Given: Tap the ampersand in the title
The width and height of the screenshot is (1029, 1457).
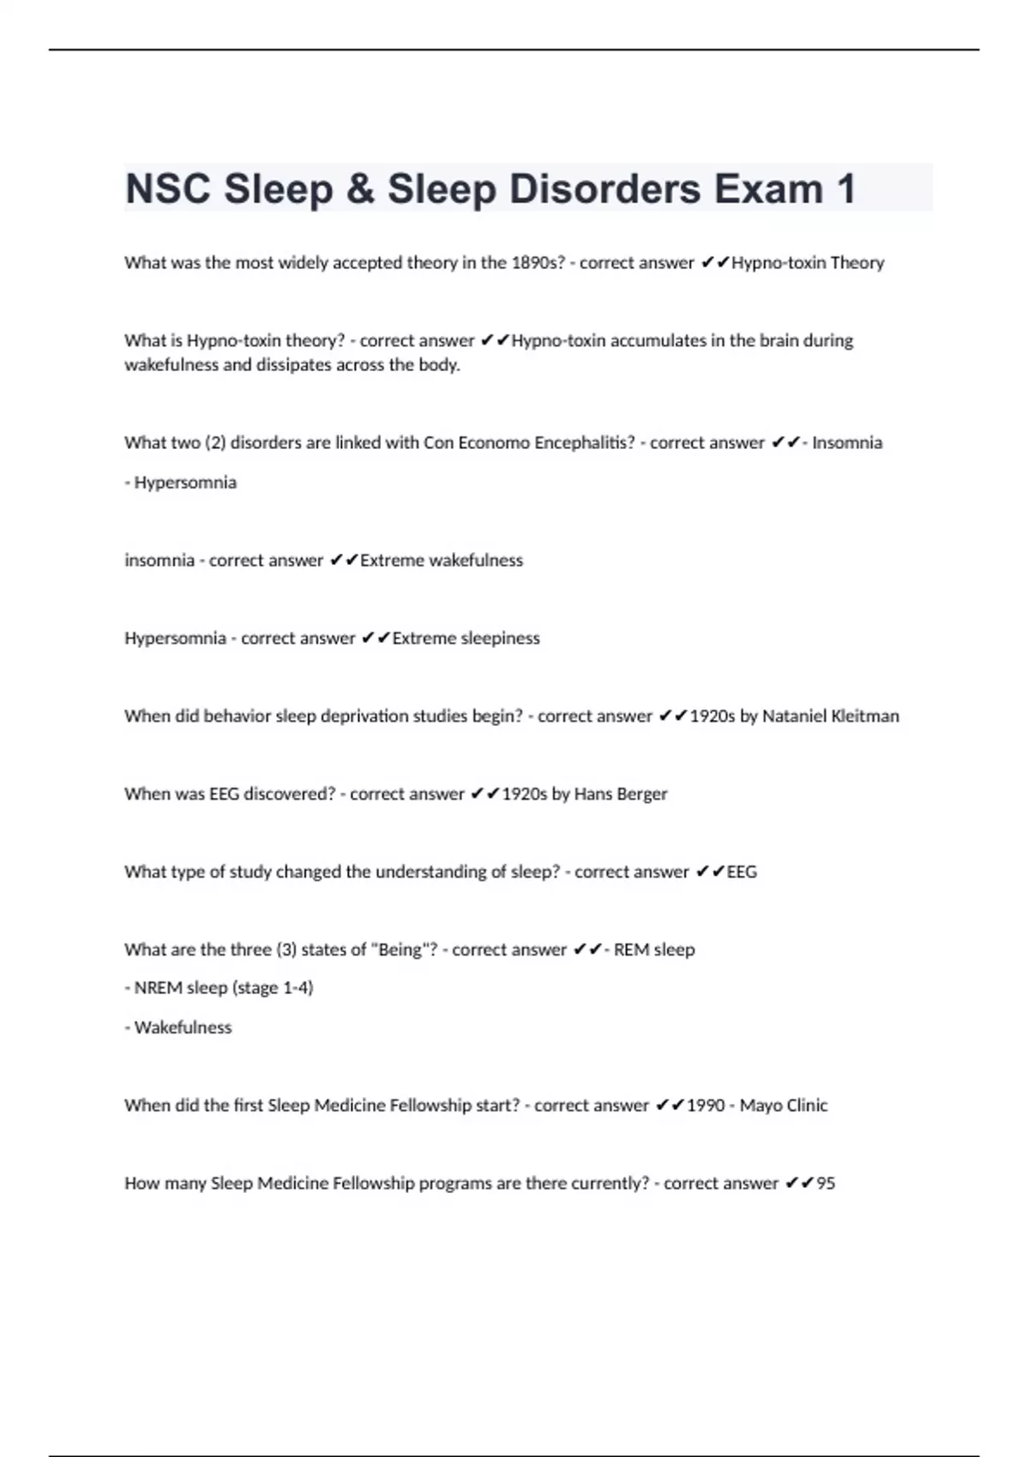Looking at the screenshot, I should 361,189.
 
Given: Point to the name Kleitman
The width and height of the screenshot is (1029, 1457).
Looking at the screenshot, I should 865,717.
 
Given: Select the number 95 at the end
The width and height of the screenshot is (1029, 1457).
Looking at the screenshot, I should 826,1184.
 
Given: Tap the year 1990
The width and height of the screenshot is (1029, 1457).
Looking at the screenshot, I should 706,1106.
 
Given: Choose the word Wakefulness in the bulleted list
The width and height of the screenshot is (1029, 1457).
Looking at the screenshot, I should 183,1028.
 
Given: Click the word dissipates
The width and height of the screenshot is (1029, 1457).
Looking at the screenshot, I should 294,365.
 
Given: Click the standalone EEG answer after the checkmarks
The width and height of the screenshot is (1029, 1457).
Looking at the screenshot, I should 742,872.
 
